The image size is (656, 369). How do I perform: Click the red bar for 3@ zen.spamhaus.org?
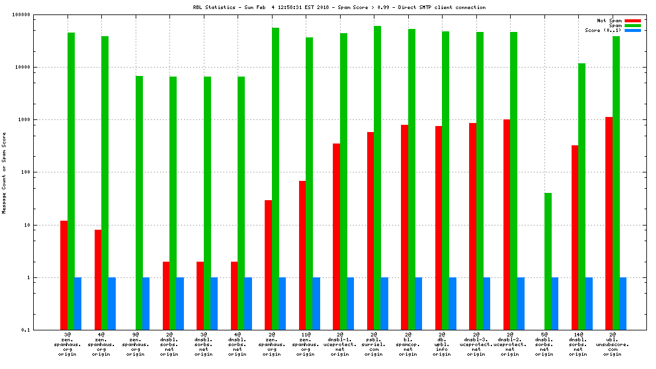point(64,275)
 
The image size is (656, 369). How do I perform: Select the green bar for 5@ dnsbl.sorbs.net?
point(548,261)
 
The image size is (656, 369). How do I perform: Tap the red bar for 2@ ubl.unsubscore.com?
point(609,223)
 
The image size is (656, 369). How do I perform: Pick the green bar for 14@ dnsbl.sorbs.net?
point(582,197)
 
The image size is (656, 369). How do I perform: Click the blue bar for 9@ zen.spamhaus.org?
point(146,303)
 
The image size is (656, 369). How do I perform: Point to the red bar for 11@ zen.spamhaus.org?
point(302,255)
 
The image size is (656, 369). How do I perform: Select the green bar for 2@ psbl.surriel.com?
point(377,178)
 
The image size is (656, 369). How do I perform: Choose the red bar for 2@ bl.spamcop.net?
point(405,227)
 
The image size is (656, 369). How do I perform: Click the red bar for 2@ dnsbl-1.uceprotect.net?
point(336,236)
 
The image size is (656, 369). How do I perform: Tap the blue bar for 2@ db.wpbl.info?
point(452,303)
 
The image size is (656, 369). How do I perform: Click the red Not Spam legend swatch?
point(632,20)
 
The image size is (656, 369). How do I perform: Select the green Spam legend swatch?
point(632,25)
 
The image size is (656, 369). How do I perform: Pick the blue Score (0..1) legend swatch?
point(632,30)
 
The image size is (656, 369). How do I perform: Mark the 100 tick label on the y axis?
point(25,172)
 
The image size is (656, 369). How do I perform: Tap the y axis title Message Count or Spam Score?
point(4,172)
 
